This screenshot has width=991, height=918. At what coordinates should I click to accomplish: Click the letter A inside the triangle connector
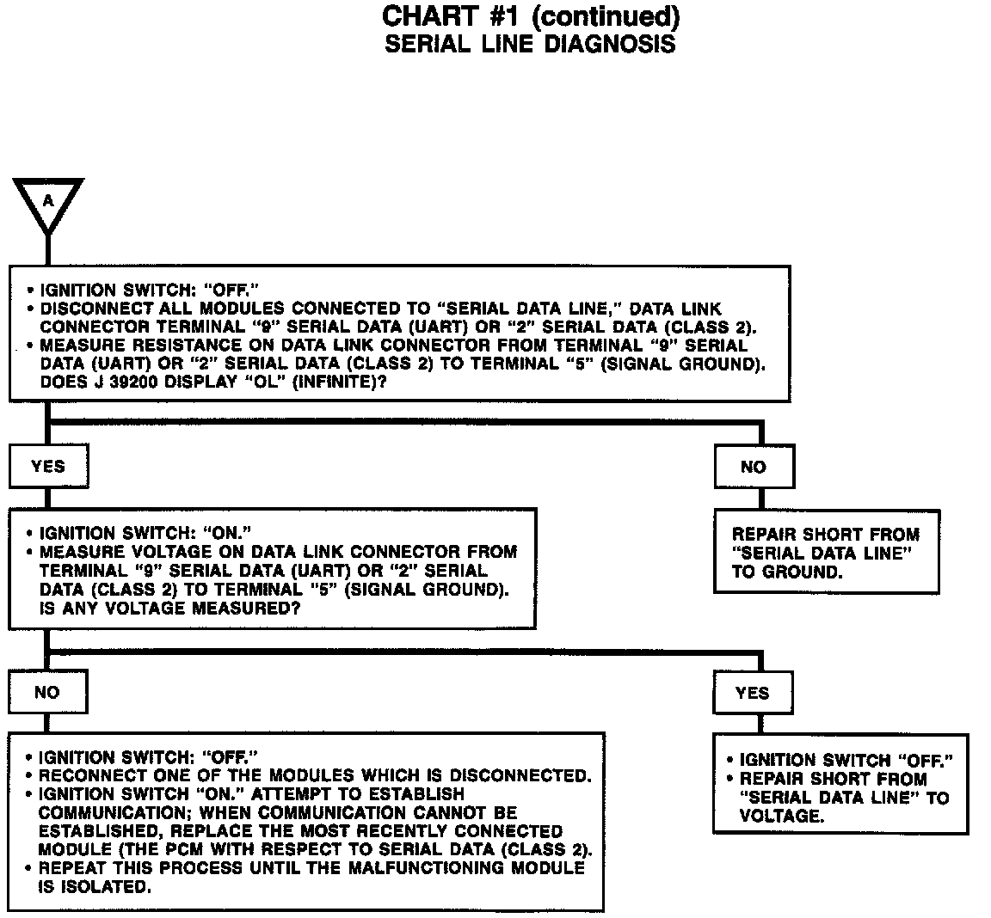coord(48,200)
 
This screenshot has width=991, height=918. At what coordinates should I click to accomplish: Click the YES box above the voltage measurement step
coord(48,466)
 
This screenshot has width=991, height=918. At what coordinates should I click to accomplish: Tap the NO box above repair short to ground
coord(754,467)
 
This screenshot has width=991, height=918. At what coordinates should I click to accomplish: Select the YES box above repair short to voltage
coord(753,693)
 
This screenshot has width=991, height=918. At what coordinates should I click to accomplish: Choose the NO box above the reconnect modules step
coord(47,692)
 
